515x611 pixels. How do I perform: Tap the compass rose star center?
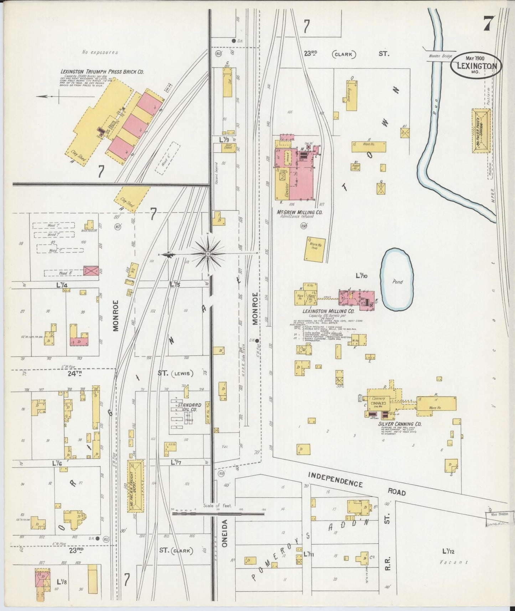[208, 254]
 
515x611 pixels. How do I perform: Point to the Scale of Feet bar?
[218, 514]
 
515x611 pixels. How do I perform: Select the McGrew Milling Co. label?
[299, 212]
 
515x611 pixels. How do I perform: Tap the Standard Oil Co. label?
[190, 407]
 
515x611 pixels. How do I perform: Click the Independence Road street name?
[356, 485]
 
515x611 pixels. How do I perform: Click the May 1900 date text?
[478, 57]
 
